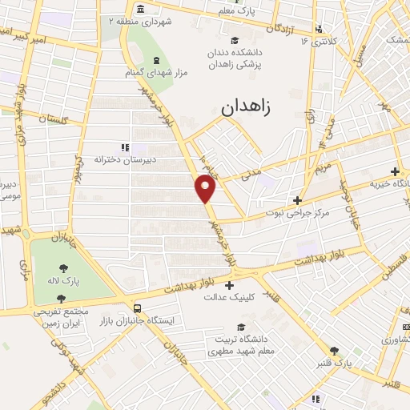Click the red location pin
[x=206, y=188]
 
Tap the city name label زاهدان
[x=248, y=105]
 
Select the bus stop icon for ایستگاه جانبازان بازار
[x=139, y=307]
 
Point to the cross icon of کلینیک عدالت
[x=230, y=285]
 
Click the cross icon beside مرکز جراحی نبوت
[x=297, y=200]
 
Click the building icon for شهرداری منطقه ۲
[x=141, y=10]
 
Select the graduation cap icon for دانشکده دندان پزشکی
[x=234, y=42]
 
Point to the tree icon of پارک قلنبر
[x=334, y=351]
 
